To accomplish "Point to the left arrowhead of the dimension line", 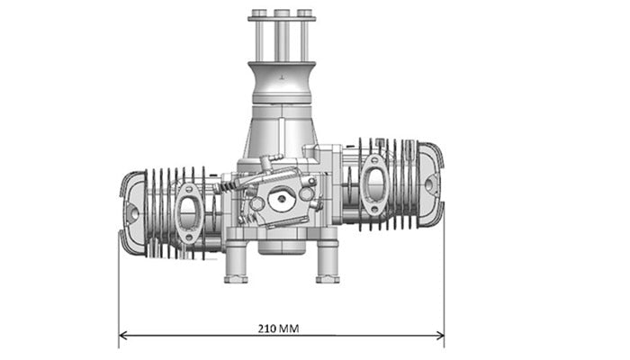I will click(x=123, y=337).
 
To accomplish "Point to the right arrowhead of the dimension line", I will click(x=439, y=337).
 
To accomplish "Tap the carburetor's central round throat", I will click(x=281, y=200).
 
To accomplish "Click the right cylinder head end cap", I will click(x=430, y=184).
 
